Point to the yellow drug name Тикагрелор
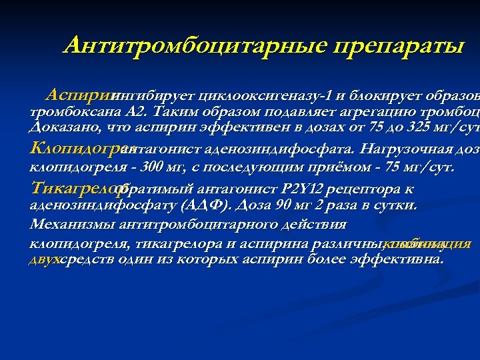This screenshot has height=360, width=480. click(71, 187)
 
